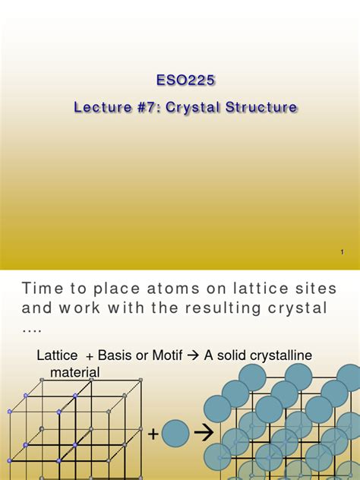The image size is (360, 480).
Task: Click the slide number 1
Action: [x=343, y=251]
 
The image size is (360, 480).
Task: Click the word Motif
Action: [x=175, y=356]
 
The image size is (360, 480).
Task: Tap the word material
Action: [x=75, y=371]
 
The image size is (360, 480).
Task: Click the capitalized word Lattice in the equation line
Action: [x=57, y=356]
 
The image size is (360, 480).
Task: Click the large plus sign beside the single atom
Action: [x=153, y=434]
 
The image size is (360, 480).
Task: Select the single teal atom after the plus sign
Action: [x=175, y=433]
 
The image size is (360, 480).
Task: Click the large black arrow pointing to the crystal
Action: [x=203, y=433]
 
